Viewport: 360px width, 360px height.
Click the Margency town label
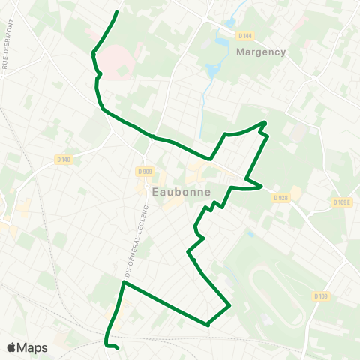261,52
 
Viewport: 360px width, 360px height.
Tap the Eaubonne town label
180,192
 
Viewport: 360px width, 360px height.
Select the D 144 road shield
244,35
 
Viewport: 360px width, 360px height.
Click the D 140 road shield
64,159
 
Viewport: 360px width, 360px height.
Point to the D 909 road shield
145,172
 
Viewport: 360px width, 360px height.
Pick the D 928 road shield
281,198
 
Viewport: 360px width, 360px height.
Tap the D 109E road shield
341,202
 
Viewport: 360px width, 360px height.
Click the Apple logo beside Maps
12,347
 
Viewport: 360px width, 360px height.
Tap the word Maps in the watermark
33,347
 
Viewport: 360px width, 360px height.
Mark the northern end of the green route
118,13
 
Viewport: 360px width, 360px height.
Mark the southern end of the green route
118,348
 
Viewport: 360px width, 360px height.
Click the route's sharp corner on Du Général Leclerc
124,283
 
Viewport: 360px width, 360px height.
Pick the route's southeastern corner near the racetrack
229,305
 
